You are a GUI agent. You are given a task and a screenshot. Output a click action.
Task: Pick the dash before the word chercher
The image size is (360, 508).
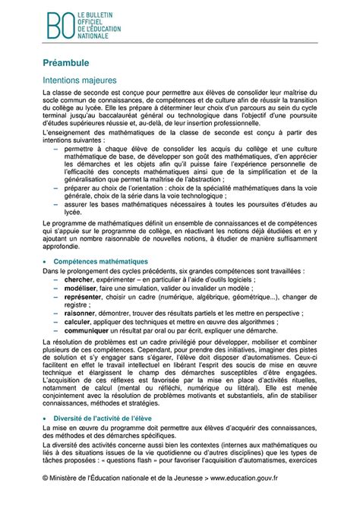coord(58,279)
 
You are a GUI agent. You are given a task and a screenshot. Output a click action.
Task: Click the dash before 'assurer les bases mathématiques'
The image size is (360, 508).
coord(58,204)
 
